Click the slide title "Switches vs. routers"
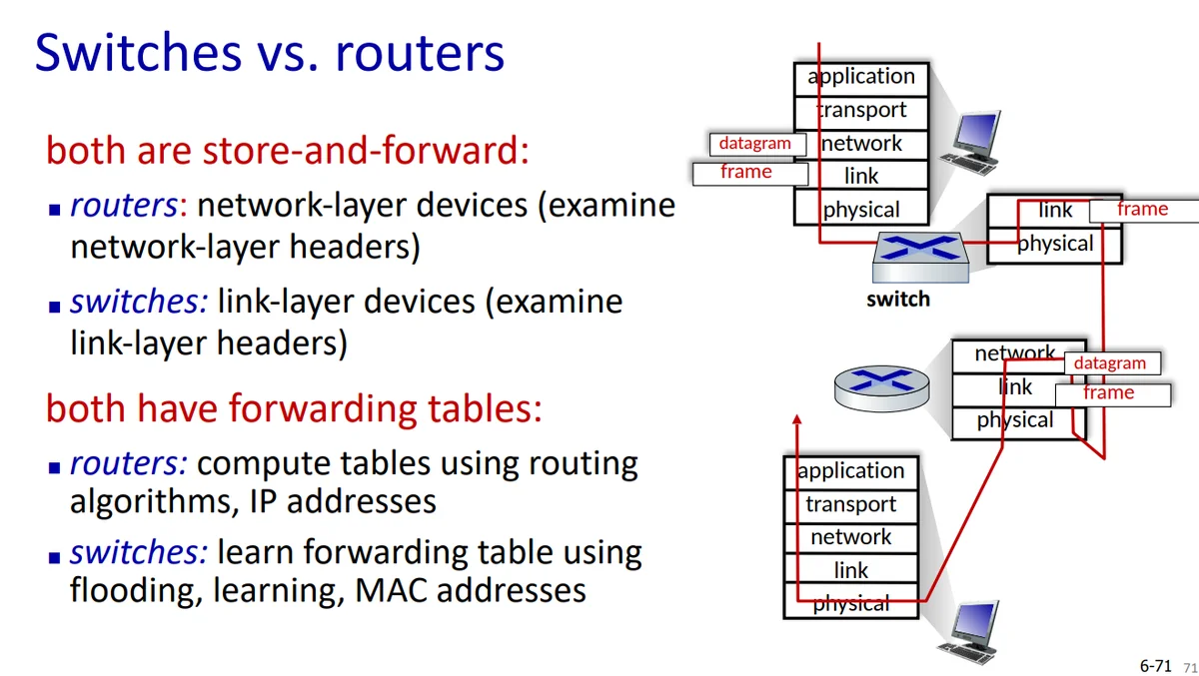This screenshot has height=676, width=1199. [x=270, y=53]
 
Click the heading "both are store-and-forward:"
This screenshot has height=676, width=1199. [x=287, y=151]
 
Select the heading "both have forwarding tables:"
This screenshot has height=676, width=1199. [x=294, y=408]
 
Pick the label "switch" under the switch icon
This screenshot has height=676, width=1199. [x=898, y=299]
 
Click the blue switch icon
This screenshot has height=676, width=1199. [x=920, y=258]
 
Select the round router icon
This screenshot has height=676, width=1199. [x=881, y=384]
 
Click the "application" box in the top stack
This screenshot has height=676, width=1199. [x=861, y=77]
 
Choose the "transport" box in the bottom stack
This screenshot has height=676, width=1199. [x=850, y=504]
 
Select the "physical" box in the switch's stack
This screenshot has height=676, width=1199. [x=1054, y=244]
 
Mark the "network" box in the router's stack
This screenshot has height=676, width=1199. [x=1015, y=354]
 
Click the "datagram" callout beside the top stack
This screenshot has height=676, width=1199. [x=755, y=144]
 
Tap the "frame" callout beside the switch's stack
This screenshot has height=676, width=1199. [x=1142, y=210]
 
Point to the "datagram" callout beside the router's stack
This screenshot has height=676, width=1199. [x=1110, y=363]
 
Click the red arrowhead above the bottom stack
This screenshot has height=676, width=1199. [x=797, y=422]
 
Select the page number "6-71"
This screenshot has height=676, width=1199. [x=1155, y=665]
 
